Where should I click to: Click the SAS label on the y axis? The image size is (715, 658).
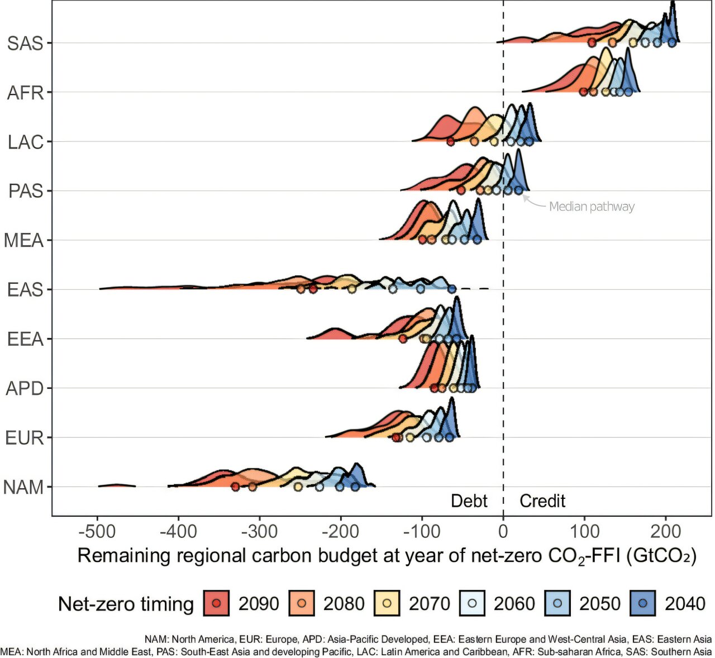tap(25, 43)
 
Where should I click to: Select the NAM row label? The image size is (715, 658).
tap(23, 488)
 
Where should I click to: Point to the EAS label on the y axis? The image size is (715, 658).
tap(25, 290)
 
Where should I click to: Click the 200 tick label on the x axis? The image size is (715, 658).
tap(665, 531)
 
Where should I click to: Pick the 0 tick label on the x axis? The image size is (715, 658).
tap(503, 531)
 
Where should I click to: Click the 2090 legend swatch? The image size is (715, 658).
tap(217, 603)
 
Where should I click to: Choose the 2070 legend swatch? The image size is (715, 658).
tap(387, 603)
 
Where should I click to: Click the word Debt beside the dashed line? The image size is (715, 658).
tap(469, 501)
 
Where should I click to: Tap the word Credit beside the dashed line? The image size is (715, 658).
tap(542, 501)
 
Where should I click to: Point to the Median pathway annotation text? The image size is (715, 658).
tap(592, 207)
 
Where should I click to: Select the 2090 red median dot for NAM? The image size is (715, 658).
tap(236, 487)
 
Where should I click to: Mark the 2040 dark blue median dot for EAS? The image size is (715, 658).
tap(452, 289)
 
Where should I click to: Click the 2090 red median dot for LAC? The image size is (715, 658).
tap(451, 142)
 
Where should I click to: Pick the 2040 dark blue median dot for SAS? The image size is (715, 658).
tap(672, 43)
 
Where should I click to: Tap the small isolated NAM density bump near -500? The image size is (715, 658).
tap(116, 485)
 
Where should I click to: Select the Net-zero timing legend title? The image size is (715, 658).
tap(126, 604)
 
